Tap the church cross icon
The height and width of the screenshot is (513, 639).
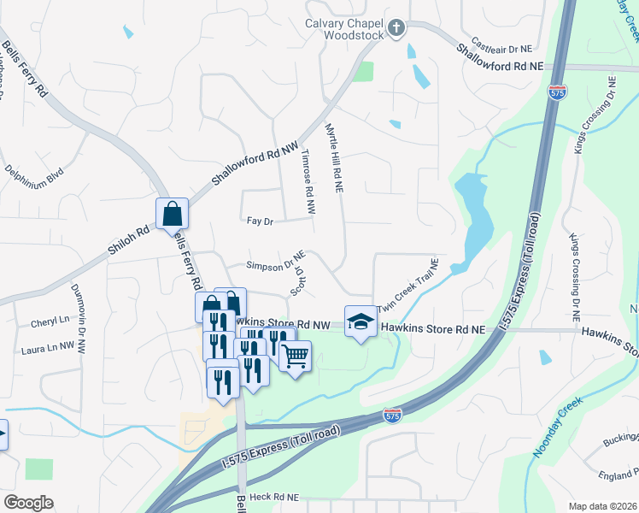[x=396, y=28]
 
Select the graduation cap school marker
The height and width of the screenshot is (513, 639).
[x=361, y=321]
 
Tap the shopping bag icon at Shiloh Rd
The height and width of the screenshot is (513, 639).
[x=172, y=213]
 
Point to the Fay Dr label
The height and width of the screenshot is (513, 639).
[x=259, y=221]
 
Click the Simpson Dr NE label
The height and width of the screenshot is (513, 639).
[x=276, y=266]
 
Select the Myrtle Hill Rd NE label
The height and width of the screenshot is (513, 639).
[x=333, y=159]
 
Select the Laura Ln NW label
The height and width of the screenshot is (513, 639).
[x=55, y=348]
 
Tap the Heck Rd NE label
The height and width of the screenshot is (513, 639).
[x=274, y=496]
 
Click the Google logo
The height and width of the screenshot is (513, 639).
[x=29, y=503]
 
